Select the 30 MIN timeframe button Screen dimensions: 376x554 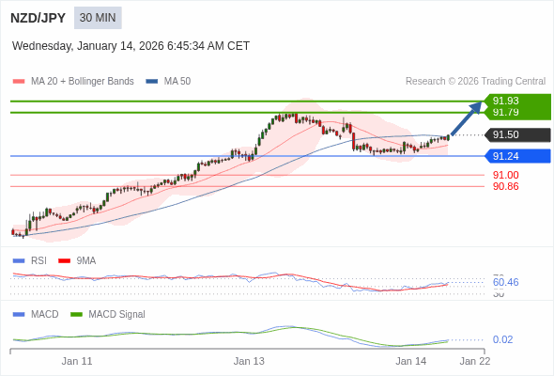[99, 18]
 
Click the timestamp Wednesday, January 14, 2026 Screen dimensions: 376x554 [131, 46]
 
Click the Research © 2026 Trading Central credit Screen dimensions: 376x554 [475, 82]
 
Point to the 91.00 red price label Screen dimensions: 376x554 [505, 175]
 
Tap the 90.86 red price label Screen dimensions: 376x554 [505, 186]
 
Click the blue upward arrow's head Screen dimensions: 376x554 [478, 106]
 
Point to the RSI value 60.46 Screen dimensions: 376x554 [505, 282]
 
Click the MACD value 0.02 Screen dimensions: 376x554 [502, 339]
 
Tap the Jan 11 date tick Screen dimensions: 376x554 [77, 361]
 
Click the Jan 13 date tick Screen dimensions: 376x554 [249, 361]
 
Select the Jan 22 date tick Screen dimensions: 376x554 [474, 361]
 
